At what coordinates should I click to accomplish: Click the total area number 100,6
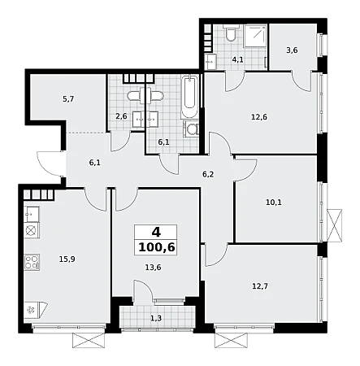(x=156, y=247)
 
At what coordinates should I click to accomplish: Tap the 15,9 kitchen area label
(x=67, y=259)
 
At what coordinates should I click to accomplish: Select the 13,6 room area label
(x=153, y=268)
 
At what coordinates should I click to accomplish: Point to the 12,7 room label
(x=260, y=286)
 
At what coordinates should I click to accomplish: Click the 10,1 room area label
(x=274, y=203)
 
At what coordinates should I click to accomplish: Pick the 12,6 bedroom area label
(x=259, y=117)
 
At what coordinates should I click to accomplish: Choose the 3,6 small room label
(x=292, y=50)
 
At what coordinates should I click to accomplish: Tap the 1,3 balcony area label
(x=156, y=318)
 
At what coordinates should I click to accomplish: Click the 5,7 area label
(x=68, y=99)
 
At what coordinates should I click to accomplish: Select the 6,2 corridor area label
(x=208, y=174)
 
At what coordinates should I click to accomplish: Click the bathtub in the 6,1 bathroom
(x=189, y=97)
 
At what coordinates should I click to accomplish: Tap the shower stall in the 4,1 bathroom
(x=255, y=36)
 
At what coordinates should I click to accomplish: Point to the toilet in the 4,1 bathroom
(x=231, y=33)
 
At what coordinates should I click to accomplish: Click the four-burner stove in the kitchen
(x=32, y=262)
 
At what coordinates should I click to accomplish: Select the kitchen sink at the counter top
(x=32, y=214)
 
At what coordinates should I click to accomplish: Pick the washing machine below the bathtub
(x=192, y=129)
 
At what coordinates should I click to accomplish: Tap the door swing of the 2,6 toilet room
(x=120, y=142)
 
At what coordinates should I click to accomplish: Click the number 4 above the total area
(x=156, y=233)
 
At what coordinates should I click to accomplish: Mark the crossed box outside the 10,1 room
(x=334, y=225)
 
